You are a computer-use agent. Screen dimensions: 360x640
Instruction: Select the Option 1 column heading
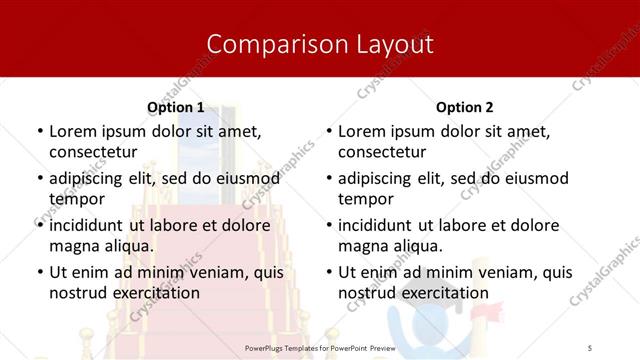tap(175, 107)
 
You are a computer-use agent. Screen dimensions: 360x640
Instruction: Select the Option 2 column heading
tap(464, 107)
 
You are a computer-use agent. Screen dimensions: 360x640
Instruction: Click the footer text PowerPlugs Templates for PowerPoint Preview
tap(320, 346)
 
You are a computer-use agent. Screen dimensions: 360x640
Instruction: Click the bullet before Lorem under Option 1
tap(38, 132)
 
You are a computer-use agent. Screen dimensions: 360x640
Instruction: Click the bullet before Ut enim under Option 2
tap(327, 272)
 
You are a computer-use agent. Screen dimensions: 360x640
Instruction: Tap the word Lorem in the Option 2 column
tap(361, 131)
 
